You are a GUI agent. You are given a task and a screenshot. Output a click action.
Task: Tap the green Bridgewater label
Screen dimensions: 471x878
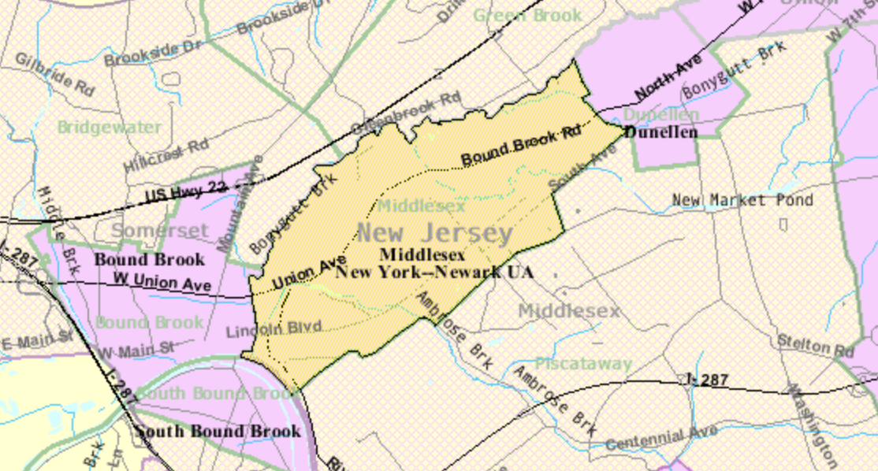click(x=109, y=127)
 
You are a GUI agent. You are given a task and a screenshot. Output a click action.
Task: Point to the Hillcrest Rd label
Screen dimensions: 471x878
click(x=166, y=155)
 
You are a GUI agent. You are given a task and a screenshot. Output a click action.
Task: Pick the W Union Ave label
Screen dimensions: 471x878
click(x=162, y=281)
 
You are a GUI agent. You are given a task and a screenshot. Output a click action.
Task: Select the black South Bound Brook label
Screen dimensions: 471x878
click(x=217, y=431)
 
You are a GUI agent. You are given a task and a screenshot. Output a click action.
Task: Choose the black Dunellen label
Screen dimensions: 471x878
click(x=660, y=132)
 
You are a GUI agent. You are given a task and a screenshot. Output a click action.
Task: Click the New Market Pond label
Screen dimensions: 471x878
click(x=742, y=201)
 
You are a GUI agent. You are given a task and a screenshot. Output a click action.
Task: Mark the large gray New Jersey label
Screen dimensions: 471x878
click(x=435, y=233)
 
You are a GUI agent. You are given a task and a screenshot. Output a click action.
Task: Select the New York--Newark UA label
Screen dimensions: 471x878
click(x=434, y=272)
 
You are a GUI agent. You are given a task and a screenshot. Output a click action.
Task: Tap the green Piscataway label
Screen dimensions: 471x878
click(x=583, y=364)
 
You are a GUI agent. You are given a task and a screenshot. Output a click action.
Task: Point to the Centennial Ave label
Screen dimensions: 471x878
click(x=662, y=436)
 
